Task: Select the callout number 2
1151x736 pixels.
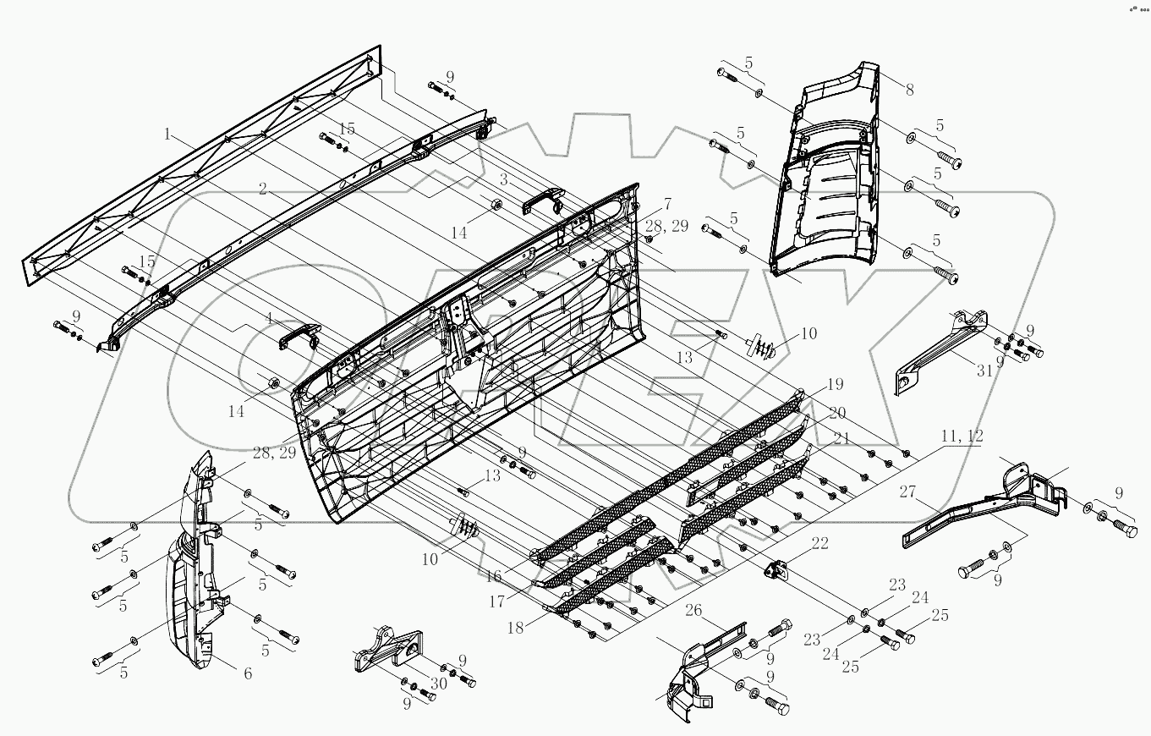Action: pos(263,190)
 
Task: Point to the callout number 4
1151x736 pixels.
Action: pos(268,319)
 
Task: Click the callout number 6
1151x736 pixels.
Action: pos(248,673)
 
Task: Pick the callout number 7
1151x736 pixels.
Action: pos(667,204)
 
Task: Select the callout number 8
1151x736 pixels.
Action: pos(910,91)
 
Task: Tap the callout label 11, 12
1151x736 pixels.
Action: pos(961,436)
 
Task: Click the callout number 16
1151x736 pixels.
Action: pos(493,575)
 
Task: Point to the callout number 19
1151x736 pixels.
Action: pos(836,385)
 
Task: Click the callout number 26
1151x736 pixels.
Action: pos(693,610)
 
